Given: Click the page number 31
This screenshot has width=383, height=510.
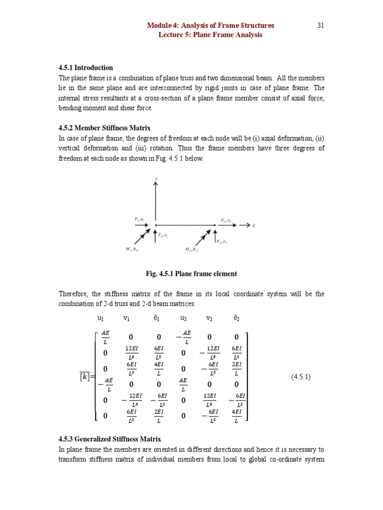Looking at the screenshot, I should pyautogui.click(x=321, y=25).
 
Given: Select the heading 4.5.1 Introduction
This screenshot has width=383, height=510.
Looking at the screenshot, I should pyautogui.click(x=86, y=68).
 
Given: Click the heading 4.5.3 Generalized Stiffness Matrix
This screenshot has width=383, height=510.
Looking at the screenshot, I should pyautogui.click(x=110, y=439).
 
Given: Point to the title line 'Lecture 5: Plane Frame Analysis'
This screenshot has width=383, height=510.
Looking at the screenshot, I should pyautogui.click(x=210, y=35).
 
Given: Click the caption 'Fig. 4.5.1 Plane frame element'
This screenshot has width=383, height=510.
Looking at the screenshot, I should pyautogui.click(x=191, y=273).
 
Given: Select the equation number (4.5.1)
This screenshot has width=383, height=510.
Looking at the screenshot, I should pyautogui.click(x=301, y=377).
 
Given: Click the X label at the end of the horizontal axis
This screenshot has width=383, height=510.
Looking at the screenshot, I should pyautogui.click(x=254, y=226).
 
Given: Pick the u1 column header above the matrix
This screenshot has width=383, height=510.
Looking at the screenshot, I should pyautogui.click(x=101, y=318).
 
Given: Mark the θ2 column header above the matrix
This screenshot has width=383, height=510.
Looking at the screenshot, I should pyautogui.click(x=237, y=318).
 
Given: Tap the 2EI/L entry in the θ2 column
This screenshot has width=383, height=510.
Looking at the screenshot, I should pyautogui.click(x=236, y=369).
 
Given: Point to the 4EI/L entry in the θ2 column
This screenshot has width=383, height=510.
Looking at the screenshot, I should pyautogui.click(x=236, y=416).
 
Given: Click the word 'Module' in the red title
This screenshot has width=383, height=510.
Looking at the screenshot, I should pyautogui.click(x=159, y=25).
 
